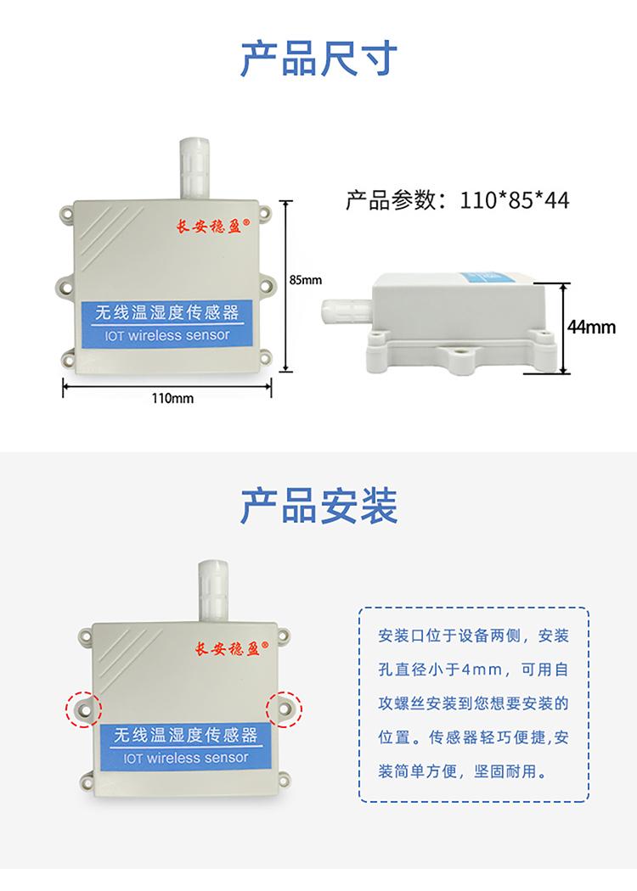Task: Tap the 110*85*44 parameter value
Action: (515, 200)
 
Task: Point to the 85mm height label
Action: (306, 279)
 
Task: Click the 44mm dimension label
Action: (592, 327)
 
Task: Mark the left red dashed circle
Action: (83, 707)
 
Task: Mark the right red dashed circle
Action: (285, 706)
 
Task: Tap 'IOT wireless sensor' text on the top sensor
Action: (166, 335)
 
